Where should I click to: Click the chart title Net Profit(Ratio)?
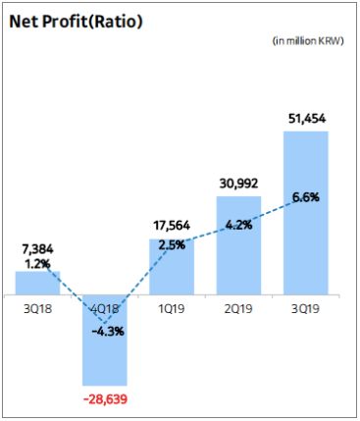(76, 21)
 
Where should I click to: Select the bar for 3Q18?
(37, 283)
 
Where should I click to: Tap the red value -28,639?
(104, 400)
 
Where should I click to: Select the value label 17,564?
(171, 223)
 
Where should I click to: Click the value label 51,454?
(304, 119)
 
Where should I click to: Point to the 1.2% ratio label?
(37, 264)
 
